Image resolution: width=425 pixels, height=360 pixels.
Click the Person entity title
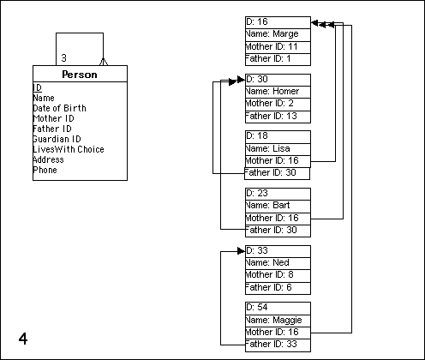coord(80,75)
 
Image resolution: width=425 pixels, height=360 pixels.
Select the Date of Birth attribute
coord(59,108)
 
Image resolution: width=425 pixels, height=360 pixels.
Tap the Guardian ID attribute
coord(57,139)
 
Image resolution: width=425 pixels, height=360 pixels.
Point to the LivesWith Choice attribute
coord(69,149)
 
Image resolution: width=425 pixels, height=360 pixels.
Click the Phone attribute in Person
coord(45,170)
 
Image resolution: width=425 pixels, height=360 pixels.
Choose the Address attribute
coord(48,159)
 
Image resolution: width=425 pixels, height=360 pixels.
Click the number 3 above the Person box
coord(63,58)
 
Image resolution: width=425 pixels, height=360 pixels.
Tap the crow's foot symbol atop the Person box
coord(104,62)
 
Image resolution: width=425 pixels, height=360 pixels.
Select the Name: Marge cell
coord(278,35)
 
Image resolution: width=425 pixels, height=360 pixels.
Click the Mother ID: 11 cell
coord(278,47)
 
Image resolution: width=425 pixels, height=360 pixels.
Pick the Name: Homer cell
coord(278,92)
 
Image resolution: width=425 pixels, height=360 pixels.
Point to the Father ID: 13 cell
coord(278,117)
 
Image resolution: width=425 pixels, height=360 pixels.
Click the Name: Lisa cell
coord(278,149)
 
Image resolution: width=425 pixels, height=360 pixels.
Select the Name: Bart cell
coord(278,207)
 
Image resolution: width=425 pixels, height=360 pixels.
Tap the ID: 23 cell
coord(278,194)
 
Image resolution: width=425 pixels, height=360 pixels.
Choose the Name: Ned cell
coord(278,263)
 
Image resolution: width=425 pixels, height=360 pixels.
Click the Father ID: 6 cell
coord(278,288)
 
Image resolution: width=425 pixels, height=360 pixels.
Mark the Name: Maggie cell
coord(278,321)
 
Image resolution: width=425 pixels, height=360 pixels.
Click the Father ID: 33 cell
coord(278,345)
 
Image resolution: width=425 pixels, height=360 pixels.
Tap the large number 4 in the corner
coord(23,339)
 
